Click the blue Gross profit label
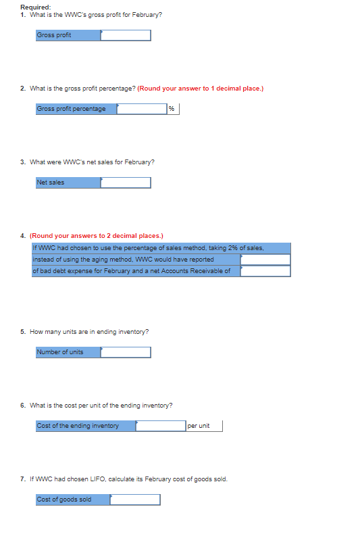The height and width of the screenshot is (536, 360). pyautogui.click(x=53, y=35)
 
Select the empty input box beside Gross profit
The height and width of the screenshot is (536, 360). pyautogui.click(x=125, y=35)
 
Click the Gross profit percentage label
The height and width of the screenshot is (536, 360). pyautogui.click(x=71, y=109)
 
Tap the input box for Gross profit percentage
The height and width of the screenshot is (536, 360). pyautogui.click(x=141, y=109)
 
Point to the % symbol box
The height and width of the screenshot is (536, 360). pyautogui.click(x=172, y=109)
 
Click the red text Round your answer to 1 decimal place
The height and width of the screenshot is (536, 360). pyautogui.click(x=200, y=89)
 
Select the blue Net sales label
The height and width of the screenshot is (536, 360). pyautogui.click(x=51, y=182)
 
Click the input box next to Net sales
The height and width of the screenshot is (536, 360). pyautogui.click(x=125, y=182)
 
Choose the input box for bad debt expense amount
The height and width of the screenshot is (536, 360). pyautogui.click(x=265, y=260)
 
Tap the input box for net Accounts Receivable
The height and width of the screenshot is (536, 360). pyautogui.click(x=265, y=271)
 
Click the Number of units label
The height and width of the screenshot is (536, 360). pyautogui.click(x=60, y=352)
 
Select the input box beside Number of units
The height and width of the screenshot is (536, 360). pyautogui.click(x=125, y=352)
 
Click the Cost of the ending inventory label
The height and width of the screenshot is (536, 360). pyautogui.click(x=78, y=426)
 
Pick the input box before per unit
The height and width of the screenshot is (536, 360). pyautogui.click(x=161, y=426)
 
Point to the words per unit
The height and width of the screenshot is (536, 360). pyautogui.click(x=199, y=426)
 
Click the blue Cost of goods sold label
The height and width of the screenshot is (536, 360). pyautogui.click(x=64, y=500)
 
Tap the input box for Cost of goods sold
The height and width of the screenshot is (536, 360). pyautogui.click(x=135, y=500)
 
